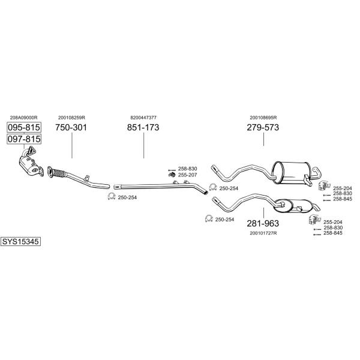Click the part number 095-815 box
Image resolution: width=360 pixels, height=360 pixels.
point(24,127)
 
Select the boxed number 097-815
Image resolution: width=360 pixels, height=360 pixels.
point(24,139)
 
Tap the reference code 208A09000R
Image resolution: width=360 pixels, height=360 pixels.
point(24,118)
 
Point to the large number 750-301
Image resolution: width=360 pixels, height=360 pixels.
point(71,128)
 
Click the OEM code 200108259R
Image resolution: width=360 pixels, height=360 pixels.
point(71,118)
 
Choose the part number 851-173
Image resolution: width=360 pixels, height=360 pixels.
point(143,128)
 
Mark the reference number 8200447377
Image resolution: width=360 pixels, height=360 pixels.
point(143,118)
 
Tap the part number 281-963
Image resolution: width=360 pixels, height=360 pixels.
point(263,223)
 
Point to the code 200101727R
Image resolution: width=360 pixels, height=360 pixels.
point(263,233)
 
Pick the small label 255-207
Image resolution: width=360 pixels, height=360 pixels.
point(187,175)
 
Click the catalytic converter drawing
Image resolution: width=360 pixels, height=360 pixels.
point(27,164)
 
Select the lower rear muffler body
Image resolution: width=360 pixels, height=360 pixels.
point(291,207)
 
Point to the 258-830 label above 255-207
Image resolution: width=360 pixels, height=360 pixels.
point(187,169)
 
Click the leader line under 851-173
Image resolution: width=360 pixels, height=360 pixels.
point(143,145)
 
